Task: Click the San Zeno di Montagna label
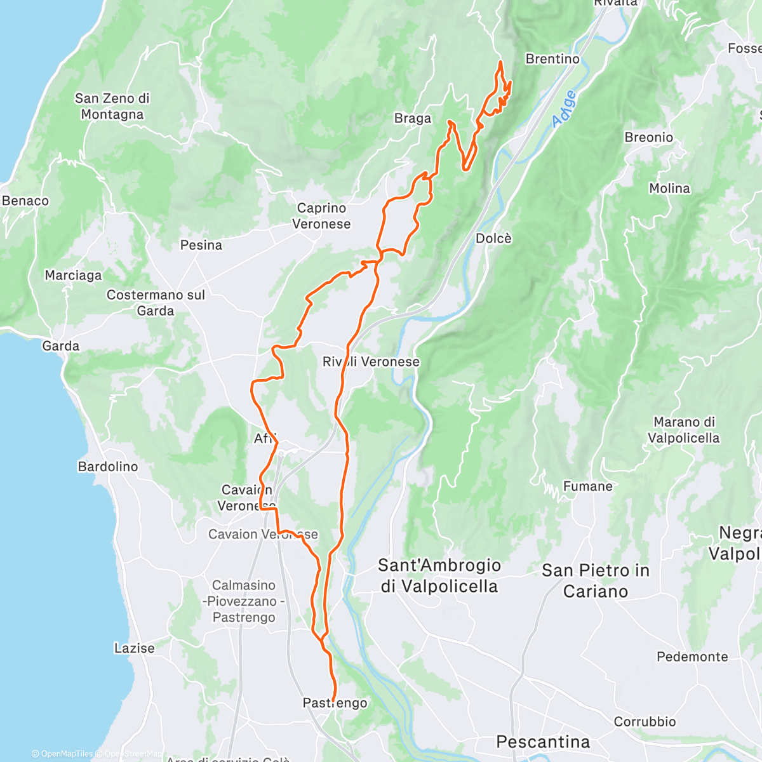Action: (x=112, y=107)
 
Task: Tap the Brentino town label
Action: (x=552, y=59)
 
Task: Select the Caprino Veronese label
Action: (x=321, y=216)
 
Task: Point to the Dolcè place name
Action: (x=493, y=239)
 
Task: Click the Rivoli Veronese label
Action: (x=371, y=362)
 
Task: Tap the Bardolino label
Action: (x=108, y=467)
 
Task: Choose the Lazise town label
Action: (x=135, y=648)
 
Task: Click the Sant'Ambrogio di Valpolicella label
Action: (x=439, y=576)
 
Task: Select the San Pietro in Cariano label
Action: (x=596, y=581)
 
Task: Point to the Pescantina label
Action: (x=543, y=742)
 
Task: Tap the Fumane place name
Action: (x=588, y=486)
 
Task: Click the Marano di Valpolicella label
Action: (x=684, y=430)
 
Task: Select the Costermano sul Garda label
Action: (x=156, y=303)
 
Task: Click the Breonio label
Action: (x=648, y=138)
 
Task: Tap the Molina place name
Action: (x=669, y=189)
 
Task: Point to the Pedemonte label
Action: (x=692, y=657)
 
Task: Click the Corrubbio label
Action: (x=645, y=722)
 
